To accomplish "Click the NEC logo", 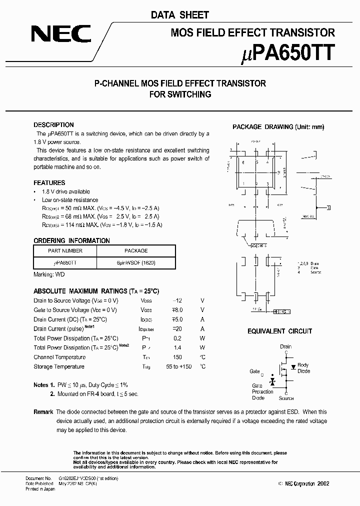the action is point(61,34).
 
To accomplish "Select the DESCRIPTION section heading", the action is point(53,125).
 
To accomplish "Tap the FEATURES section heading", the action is point(49,183).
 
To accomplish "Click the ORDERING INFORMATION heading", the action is point(71,240).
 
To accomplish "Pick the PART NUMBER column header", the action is point(65,251).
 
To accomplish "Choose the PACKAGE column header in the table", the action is point(135,251).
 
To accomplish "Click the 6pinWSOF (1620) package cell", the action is point(135,262).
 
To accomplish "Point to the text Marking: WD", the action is point(49,274).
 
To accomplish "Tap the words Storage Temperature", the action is point(59,367).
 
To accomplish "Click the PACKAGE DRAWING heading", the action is point(278,127).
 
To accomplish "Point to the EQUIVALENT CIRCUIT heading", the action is point(279,331).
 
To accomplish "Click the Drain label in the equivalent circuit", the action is point(285,346).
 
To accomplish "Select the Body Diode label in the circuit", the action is point(303,368).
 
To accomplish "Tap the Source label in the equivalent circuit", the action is point(286,398).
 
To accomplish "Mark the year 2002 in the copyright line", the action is point(322,484).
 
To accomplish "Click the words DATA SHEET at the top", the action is point(180,15).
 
